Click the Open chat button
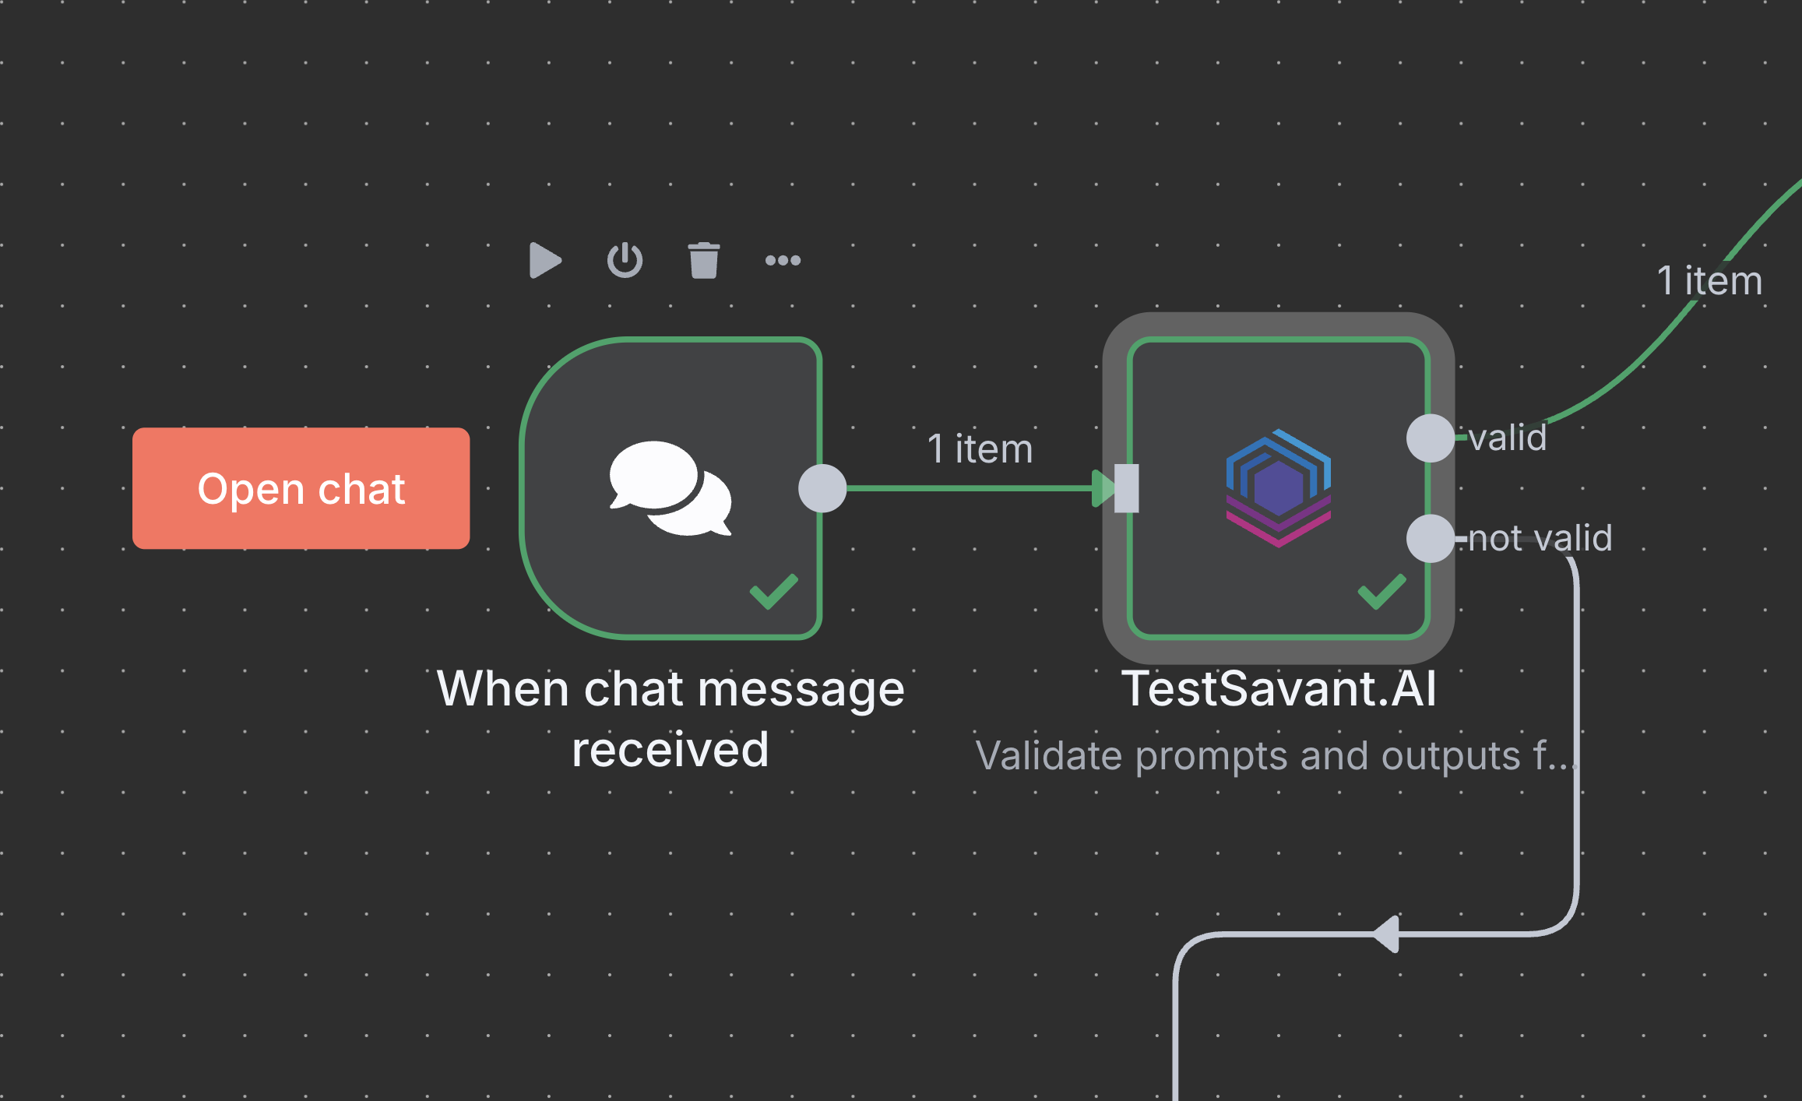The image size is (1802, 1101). point(301,488)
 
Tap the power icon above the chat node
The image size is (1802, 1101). point(625,260)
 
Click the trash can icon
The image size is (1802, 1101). point(704,260)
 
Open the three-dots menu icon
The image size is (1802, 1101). point(783,260)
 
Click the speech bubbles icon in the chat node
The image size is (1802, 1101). point(670,488)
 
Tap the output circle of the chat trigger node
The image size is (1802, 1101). point(822,488)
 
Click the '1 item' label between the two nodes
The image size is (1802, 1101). point(980,449)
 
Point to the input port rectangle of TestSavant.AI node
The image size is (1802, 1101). point(1127,488)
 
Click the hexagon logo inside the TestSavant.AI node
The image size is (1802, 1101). point(1278,488)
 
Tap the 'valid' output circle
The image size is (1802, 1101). point(1430,438)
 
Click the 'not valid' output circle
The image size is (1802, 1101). point(1430,538)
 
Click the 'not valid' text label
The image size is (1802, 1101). point(1540,538)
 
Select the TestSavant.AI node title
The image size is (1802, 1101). point(1279,689)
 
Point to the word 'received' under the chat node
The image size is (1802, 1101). point(670,750)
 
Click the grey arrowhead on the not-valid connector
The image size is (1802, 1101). point(1387,934)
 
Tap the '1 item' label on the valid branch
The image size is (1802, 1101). point(1709,280)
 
